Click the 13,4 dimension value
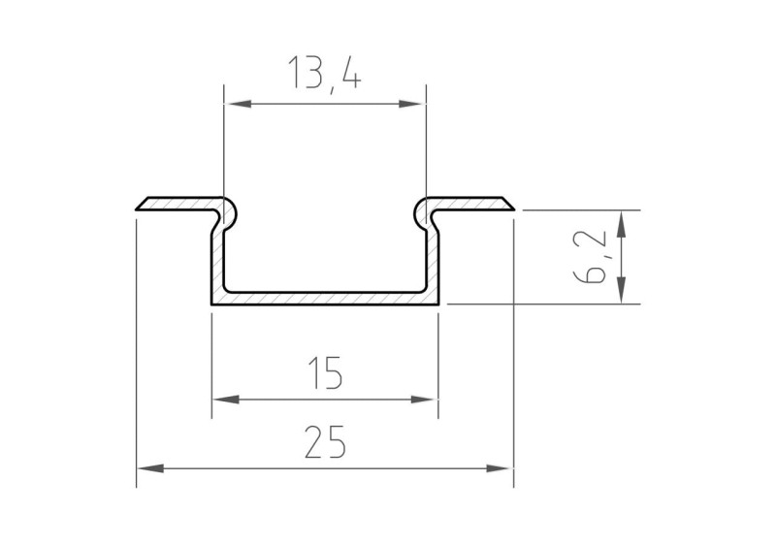[324, 75]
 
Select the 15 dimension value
[325, 372]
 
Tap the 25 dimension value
[325, 443]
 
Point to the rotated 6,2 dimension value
[593, 257]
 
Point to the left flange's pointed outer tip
[137, 208]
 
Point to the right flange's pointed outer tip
[513, 208]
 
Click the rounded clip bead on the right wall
[422, 210]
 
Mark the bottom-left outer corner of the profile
[212, 304]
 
